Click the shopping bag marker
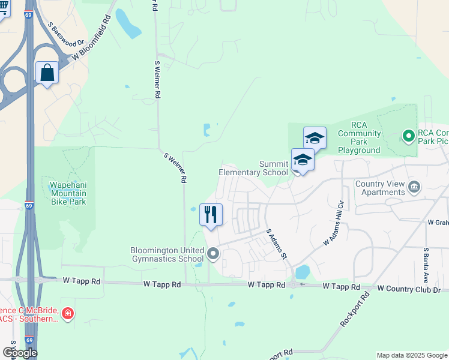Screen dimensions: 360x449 [x=47, y=73]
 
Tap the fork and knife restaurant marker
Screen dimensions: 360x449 [x=211, y=214]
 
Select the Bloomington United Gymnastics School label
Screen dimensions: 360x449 [x=167, y=254]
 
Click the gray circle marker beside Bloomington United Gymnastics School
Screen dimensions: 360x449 [x=213, y=255]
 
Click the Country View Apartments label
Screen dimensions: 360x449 [x=380, y=188]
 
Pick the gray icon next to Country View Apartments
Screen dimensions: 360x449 [x=414, y=188]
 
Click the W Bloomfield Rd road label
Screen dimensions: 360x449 [x=92, y=38]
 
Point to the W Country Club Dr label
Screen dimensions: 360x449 [x=409, y=289]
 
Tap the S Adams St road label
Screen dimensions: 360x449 [x=276, y=243]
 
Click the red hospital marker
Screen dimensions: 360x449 [x=68, y=313]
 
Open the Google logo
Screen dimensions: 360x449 [x=19, y=352]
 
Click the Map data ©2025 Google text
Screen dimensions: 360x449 [x=411, y=355]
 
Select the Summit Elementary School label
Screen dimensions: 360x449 [x=253, y=168]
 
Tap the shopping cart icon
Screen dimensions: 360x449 [x=3, y=7]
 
